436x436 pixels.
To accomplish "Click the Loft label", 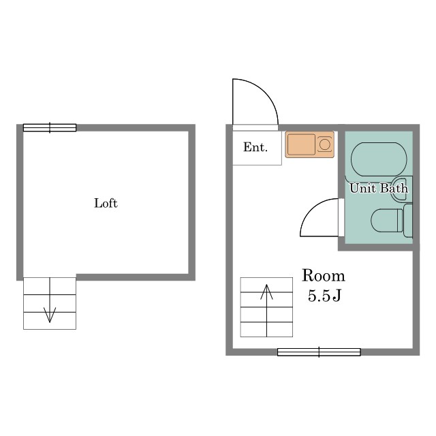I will point(106,203).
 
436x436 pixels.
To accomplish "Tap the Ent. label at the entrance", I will point(255,146).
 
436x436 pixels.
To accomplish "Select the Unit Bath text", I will point(379,188).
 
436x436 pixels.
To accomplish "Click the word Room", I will point(324,276).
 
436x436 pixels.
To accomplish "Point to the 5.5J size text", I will point(324,297).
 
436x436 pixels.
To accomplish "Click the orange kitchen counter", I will point(309,144).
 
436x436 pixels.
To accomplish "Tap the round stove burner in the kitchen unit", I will point(324,144).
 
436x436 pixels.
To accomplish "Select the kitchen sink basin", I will point(301,144).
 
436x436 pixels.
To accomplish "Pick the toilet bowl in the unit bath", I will point(386,220).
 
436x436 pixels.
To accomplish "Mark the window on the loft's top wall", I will point(50,127).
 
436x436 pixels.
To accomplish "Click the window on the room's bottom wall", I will point(319,352).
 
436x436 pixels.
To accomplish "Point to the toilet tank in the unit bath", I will point(408,220).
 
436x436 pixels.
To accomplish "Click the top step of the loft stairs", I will point(49,285).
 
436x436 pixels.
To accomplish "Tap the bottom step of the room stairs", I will point(266,329).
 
